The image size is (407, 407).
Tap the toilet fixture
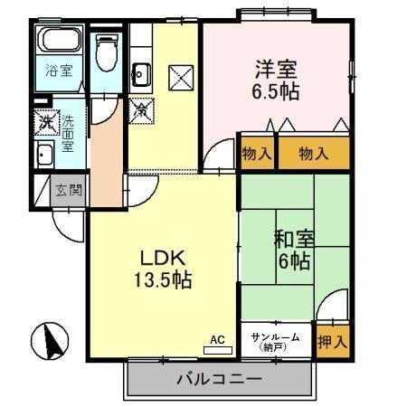click(108, 54)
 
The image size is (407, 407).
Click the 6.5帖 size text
click(275, 90)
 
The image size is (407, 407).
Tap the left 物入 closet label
click(257, 155)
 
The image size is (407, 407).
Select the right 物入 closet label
click(314, 155)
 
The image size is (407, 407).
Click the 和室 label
click(294, 241)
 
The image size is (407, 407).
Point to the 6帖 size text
click(294, 262)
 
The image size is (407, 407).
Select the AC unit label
click(216, 340)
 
